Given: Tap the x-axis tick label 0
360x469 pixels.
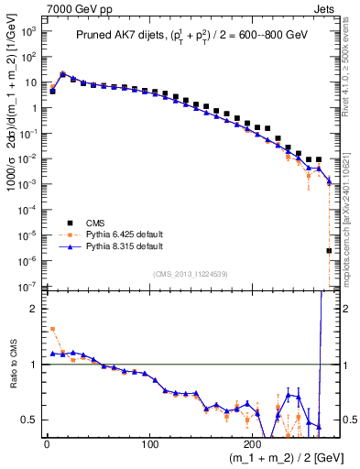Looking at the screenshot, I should pyautogui.click(x=47, y=444).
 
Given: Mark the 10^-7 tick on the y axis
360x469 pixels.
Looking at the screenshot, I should pyautogui.click(x=27, y=287).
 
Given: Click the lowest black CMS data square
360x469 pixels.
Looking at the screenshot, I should pyautogui.click(x=329, y=250).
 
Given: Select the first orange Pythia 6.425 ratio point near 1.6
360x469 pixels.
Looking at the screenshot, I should pyautogui.click(x=52, y=329).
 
